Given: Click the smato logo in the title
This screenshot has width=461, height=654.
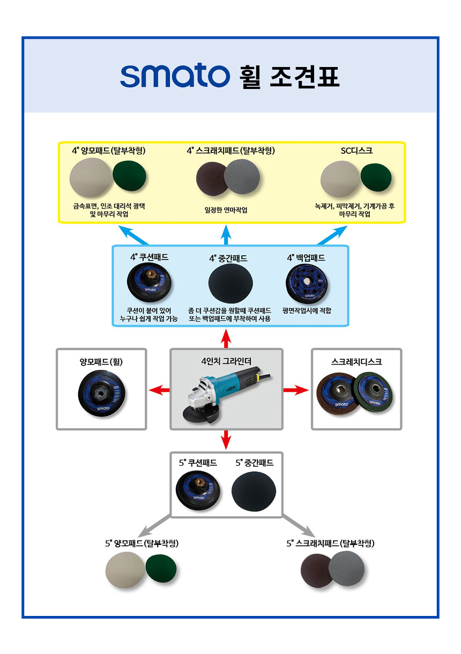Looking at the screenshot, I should pyautogui.click(x=175, y=77).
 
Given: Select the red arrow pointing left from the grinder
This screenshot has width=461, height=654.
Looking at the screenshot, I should pyautogui.click(x=159, y=390).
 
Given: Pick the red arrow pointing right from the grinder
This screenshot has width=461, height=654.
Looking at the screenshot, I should pyautogui.click(x=296, y=390).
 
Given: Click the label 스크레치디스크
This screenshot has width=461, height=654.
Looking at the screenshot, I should pyautogui.click(x=356, y=362).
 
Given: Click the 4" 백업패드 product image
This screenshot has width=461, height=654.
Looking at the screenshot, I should pyautogui.click(x=306, y=285).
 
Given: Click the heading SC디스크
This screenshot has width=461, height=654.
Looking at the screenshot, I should pyautogui.click(x=356, y=151).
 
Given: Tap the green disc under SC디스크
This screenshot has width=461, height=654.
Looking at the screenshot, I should pyautogui.click(x=378, y=179).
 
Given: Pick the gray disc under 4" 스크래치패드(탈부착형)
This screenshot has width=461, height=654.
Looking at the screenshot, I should pyautogui.click(x=242, y=179).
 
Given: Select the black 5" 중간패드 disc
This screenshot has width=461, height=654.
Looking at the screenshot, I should pyautogui.click(x=254, y=489).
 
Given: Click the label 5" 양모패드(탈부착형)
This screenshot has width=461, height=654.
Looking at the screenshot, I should pyautogui.click(x=142, y=543).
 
